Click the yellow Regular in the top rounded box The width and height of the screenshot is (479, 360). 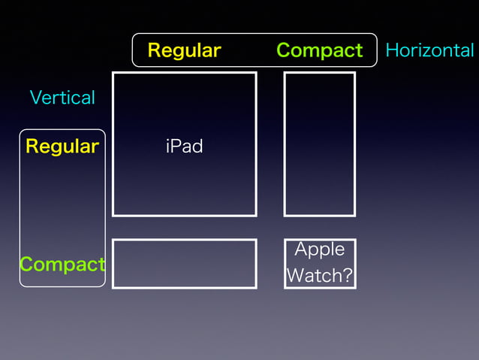(184, 50)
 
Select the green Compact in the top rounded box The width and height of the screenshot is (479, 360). (319, 50)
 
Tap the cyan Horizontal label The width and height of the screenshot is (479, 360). (429, 50)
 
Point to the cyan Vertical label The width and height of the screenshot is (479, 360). (62, 98)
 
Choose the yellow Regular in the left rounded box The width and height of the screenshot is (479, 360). (62, 146)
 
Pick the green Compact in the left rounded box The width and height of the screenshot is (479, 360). (62, 265)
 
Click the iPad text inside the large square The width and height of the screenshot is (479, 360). (184, 146)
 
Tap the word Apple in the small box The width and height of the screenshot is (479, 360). (319, 250)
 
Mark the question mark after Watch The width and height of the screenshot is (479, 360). (347, 275)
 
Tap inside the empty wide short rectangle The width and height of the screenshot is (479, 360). (184, 264)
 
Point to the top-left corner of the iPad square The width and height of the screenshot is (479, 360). (113, 73)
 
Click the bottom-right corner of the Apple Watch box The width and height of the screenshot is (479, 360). (354, 287)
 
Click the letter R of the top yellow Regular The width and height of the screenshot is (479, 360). (154, 50)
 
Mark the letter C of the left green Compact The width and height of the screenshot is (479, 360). (26, 265)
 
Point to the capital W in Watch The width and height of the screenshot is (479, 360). (295, 275)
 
